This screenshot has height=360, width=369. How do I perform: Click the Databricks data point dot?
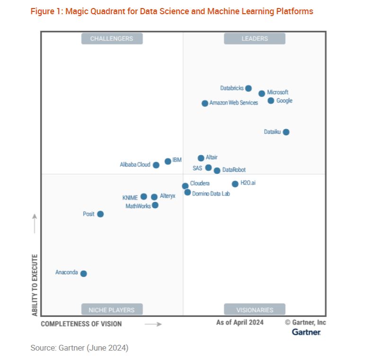(x=248, y=88)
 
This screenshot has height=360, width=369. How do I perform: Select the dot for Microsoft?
(x=262, y=94)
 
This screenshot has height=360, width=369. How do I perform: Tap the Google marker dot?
(x=271, y=101)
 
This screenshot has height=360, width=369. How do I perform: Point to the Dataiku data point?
(x=286, y=132)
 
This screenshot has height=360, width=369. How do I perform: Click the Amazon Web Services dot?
(x=205, y=103)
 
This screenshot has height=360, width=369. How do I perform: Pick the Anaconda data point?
(x=84, y=273)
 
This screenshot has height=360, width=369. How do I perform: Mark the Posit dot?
(x=100, y=214)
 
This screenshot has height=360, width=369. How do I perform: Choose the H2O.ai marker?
(x=235, y=184)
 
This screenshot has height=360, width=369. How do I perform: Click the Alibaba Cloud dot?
(x=156, y=165)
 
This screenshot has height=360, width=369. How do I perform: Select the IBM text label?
(x=177, y=160)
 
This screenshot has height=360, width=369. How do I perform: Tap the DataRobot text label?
(x=234, y=170)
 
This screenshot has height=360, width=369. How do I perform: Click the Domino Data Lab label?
(x=211, y=193)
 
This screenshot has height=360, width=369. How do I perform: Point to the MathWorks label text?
(x=138, y=206)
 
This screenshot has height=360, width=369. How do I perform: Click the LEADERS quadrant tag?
(x=255, y=39)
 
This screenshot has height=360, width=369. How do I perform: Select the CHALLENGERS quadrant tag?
(x=112, y=39)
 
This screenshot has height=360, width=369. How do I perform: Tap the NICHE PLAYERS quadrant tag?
(x=112, y=310)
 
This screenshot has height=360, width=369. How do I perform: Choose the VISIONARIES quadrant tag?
(x=255, y=310)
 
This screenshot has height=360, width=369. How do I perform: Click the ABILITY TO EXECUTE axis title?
(x=35, y=285)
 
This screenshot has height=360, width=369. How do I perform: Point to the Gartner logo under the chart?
(x=306, y=332)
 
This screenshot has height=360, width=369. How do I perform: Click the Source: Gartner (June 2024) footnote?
(x=79, y=348)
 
